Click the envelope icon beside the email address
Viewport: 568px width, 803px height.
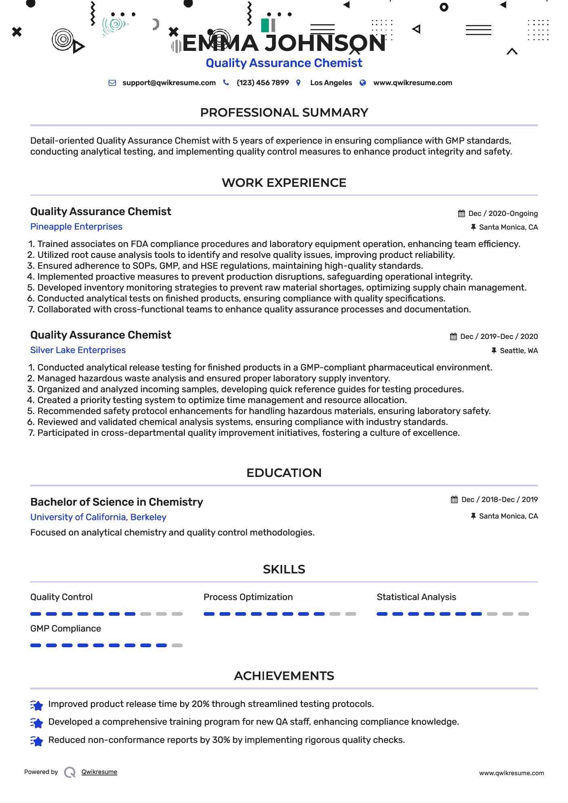112,83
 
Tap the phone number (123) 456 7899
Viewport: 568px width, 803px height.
262,83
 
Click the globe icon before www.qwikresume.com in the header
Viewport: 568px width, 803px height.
363,83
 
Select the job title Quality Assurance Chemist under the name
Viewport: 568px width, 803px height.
284,63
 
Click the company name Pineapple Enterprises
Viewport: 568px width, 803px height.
76,227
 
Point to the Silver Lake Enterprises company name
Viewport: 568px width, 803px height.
78,350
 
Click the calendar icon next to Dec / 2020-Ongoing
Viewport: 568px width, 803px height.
461,213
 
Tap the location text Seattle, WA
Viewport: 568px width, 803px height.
518,351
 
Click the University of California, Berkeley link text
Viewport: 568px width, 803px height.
98,517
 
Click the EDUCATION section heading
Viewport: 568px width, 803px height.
284,473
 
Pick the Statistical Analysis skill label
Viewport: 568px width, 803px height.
416,597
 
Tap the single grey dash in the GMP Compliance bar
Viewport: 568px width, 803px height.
177,646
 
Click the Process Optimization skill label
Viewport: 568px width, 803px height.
248,597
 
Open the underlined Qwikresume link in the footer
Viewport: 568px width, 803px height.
99,772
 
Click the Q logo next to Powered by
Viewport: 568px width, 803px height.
70,772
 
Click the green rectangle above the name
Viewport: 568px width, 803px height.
265,25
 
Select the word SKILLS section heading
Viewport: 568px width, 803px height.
284,569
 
